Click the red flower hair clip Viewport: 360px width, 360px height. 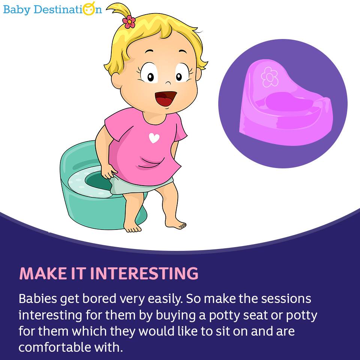point(129,22)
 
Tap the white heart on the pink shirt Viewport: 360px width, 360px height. point(154,138)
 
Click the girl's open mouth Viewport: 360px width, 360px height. point(166,99)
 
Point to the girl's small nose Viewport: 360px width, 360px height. point(168,83)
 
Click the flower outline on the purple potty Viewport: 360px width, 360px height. point(270,77)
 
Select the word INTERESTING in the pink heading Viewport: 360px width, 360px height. point(144,273)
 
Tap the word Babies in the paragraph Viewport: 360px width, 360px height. point(37,299)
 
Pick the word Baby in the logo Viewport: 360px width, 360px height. point(17,10)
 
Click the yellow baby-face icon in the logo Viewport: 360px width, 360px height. point(89,9)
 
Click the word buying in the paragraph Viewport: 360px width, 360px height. point(176,316)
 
